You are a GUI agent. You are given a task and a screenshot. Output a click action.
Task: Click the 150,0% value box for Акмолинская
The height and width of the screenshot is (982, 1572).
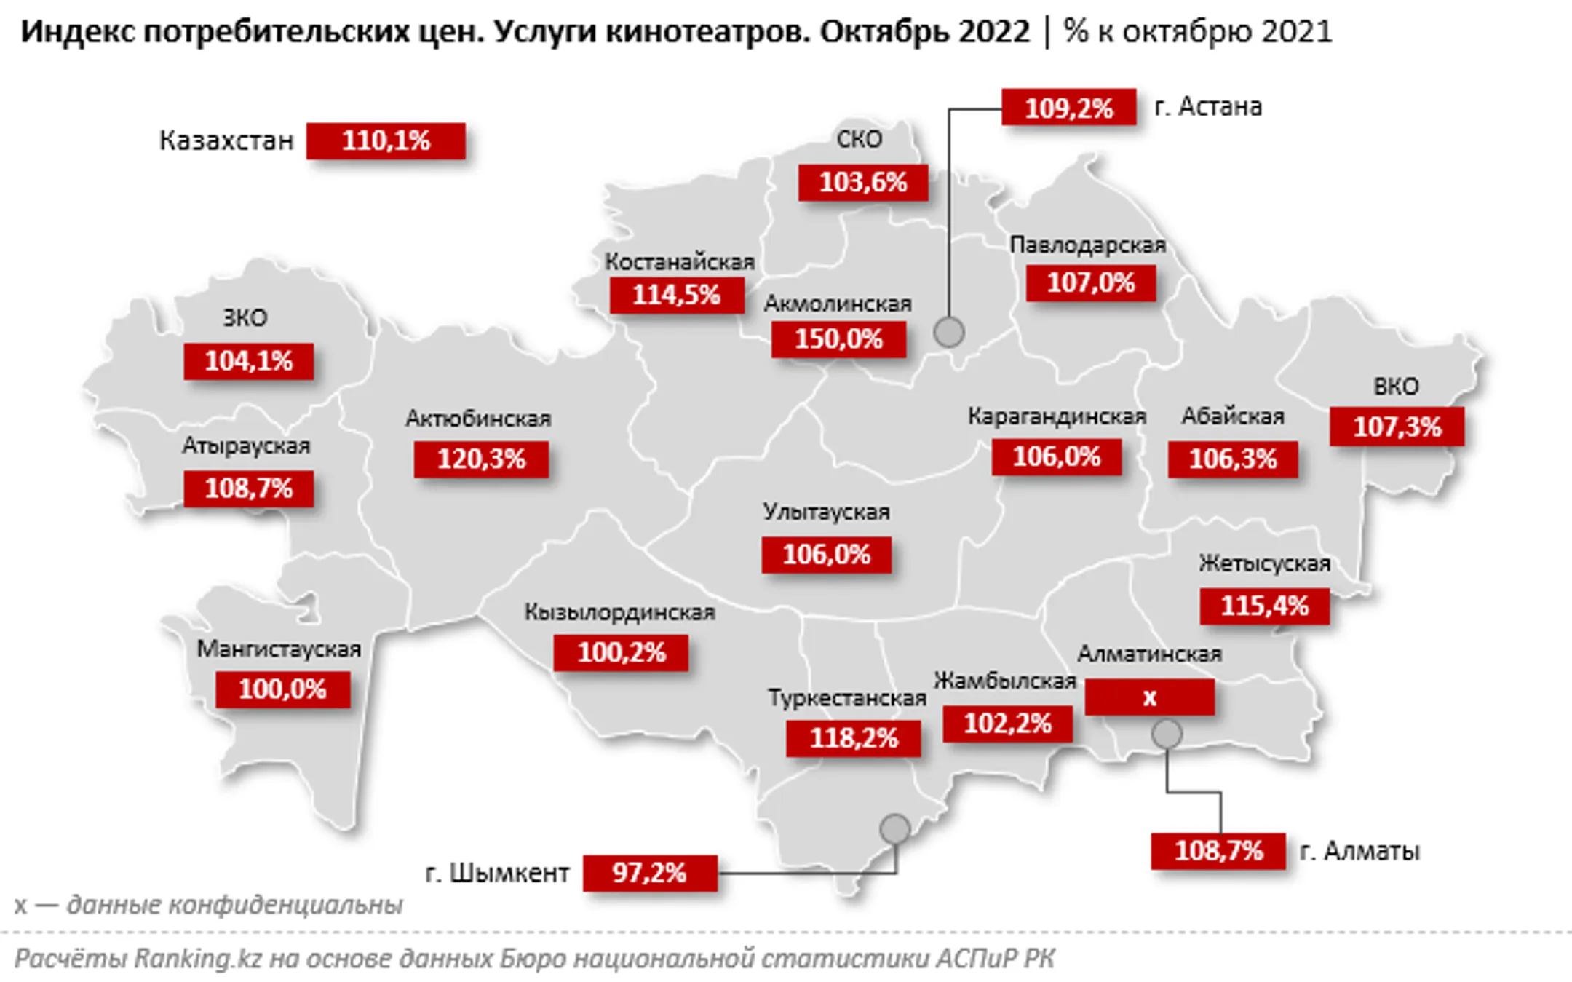coord(838,339)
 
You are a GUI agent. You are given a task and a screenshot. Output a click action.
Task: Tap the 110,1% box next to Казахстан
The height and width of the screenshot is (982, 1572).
coord(386,140)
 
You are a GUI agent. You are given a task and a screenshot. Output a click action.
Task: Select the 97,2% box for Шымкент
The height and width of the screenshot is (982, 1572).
coord(649,872)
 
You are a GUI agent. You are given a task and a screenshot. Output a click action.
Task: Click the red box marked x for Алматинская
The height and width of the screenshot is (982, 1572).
coord(1149,697)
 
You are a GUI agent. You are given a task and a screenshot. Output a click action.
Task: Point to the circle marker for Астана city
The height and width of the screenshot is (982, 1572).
coord(949,332)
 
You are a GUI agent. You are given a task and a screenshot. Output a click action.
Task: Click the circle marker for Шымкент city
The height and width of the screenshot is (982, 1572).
coord(894,828)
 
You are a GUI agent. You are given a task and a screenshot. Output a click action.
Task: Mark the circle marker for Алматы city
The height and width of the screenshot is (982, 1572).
coord(1167,734)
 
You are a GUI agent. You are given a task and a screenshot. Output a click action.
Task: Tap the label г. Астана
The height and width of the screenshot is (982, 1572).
coord(1208,107)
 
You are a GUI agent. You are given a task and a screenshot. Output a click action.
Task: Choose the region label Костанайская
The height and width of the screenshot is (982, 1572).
coord(680,261)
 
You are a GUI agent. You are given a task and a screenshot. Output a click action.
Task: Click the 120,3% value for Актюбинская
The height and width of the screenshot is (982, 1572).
coord(481,459)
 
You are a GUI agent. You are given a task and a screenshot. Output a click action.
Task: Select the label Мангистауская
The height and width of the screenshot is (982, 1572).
coord(279,649)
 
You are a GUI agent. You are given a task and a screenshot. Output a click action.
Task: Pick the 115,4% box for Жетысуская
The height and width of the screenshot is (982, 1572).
coord(1264,606)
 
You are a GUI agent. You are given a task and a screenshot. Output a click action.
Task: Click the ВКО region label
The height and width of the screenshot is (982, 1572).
coord(1396,386)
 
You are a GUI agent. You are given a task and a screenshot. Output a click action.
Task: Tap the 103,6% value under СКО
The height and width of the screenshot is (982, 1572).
coord(863,182)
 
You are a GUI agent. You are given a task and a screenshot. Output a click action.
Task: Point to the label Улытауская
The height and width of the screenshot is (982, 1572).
coord(826,512)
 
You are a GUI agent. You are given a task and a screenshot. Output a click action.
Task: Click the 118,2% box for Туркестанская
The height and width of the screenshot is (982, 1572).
coord(853,738)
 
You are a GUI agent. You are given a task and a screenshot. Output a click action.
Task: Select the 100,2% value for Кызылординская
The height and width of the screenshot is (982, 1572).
coord(621,652)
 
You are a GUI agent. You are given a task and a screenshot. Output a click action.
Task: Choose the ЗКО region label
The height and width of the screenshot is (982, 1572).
coord(245,317)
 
